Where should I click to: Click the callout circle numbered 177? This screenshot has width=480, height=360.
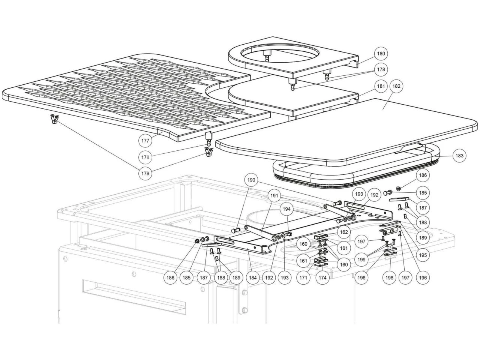tap(145, 141)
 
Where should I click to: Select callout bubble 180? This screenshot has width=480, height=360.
tap(381, 54)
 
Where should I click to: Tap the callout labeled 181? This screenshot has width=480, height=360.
tap(381, 86)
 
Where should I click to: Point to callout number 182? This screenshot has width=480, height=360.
tap(397, 86)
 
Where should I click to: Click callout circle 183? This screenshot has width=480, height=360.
tap(459, 156)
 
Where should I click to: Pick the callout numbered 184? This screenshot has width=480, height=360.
tap(253, 278)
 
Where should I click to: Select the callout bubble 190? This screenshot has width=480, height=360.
tap(251, 180)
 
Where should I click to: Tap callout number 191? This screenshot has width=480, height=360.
tap(274, 195)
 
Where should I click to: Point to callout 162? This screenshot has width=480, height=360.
tap(344, 232)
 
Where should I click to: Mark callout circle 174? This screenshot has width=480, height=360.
tap(322, 278)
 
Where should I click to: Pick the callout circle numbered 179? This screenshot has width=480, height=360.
tap(145, 173)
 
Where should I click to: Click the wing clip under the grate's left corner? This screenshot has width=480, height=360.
tap(55, 119)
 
